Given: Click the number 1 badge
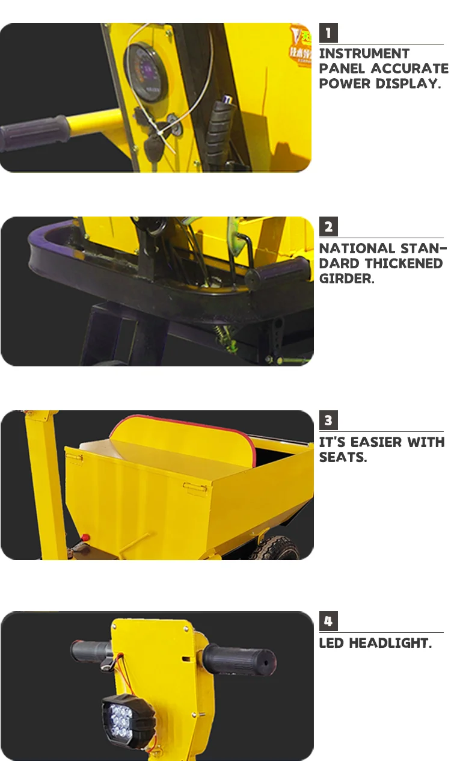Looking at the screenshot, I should tap(328, 32).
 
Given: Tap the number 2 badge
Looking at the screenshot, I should tap(328, 227).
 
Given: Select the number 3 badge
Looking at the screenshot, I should tap(328, 420).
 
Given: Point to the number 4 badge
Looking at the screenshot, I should tap(328, 621).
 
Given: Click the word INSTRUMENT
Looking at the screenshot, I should tap(364, 54).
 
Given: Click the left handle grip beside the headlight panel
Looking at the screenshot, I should tap(91, 650).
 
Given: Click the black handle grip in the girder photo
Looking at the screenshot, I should tap(279, 274).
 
